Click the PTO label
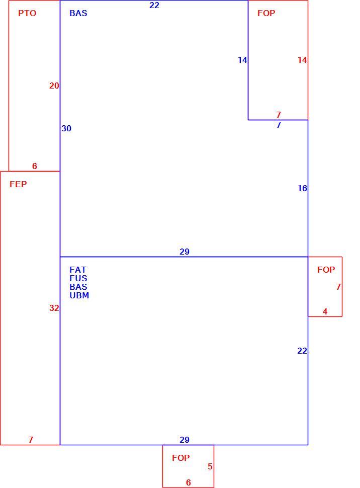point(27,13)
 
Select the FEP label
point(18,184)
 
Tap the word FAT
point(78,270)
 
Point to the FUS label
point(78,278)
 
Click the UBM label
point(79,295)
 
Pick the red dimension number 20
point(54,86)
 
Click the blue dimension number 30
point(66,128)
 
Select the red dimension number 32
point(54,308)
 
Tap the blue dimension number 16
point(302,188)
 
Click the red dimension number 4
point(325,311)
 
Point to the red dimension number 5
point(210,466)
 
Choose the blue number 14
point(242,60)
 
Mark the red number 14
point(302,60)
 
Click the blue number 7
point(279,124)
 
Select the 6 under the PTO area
point(35,166)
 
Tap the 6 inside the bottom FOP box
point(188,482)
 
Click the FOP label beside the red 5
point(181,458)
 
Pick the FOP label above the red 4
point(326,270)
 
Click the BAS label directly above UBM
point(78,287)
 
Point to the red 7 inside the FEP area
point(31,439)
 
